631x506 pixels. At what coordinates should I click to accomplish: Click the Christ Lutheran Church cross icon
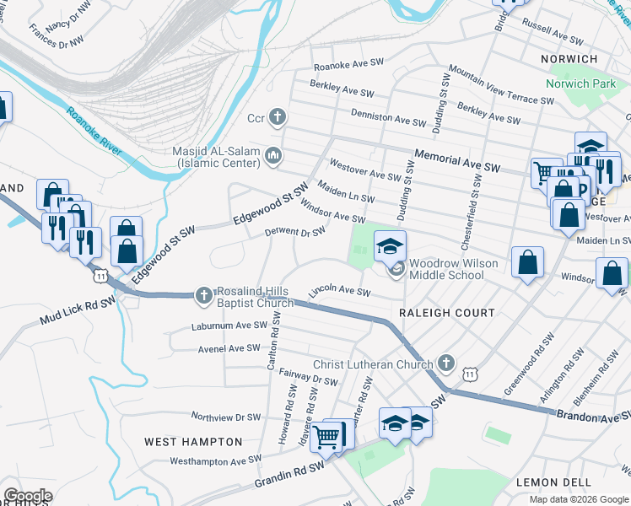(x=446, y=364)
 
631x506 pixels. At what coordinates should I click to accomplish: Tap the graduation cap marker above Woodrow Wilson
(x=390, y=246)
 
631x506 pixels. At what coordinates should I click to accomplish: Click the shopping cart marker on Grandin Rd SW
(x=326, y=437)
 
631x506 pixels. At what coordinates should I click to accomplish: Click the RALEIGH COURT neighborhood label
(x=447, y=313)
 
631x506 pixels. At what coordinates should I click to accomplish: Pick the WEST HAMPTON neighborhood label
(x=193, y=442)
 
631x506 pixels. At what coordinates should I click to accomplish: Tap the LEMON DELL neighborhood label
(x=549, y=482)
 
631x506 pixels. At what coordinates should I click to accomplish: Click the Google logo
(x=28, y=496)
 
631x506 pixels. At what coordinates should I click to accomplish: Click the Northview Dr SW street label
(x=226, y=417)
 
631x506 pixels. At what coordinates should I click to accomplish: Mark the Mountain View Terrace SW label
(x=501, y=87)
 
